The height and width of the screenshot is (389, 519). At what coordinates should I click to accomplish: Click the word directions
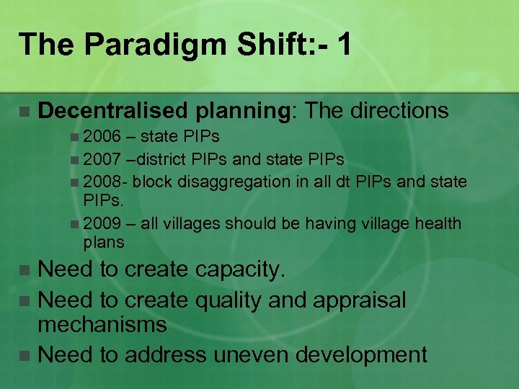(x=400, y=110)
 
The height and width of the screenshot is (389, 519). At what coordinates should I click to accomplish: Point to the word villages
(x=191, y=224)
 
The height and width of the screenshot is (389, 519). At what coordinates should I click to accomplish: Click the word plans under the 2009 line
(x=104, y=242)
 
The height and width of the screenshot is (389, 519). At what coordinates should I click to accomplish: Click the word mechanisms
(x=102, y=324)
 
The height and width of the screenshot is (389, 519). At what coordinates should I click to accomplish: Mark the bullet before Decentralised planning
(x=25, y=112)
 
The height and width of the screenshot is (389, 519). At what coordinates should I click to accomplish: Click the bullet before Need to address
(x=25, y=355)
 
